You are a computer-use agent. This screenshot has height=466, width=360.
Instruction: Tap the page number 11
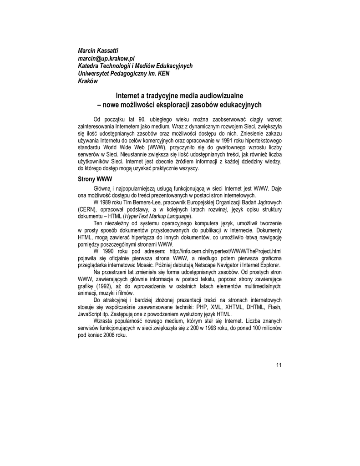point(279,365)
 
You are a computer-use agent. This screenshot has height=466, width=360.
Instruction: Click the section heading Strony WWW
point(95,179)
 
